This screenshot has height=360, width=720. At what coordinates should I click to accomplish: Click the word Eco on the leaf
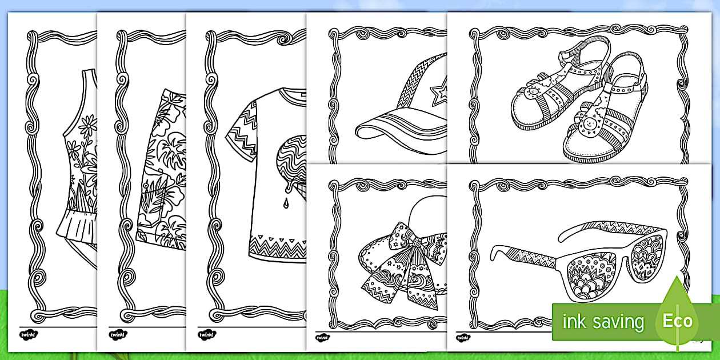[x=678, y=321]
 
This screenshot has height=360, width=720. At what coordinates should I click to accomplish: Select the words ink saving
[x=603, y=321]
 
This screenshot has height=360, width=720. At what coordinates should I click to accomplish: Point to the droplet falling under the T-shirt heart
[x=286, y=203]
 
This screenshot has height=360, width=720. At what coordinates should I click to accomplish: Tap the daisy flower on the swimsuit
[x=88, y=125]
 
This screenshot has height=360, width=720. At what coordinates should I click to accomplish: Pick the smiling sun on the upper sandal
[x=531, y=92]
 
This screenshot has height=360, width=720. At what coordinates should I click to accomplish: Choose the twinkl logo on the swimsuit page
[x=29, y=335]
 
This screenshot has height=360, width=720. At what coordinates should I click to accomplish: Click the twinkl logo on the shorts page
[x=118, y=335]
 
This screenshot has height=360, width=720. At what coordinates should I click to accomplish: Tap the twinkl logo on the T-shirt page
[x=207, y=335]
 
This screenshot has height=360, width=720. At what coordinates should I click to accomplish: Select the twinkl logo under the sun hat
[x=322, y=338]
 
